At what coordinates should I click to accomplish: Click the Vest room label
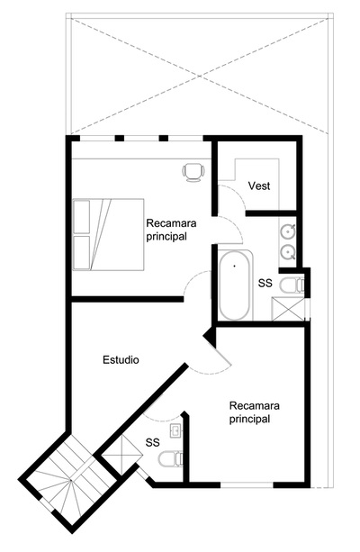point(259,186)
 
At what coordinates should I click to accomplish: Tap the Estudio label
point(121,360)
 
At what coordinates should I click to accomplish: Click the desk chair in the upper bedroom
point(193,173)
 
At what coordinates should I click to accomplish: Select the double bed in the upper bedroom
point(108,234)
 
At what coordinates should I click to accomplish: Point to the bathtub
point(235,285)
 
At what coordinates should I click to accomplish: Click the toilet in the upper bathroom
point(292,285)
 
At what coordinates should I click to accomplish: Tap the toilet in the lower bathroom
point(170,459)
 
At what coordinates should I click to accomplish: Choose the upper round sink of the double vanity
point(288,231)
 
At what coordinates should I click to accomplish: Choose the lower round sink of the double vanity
point(288,252)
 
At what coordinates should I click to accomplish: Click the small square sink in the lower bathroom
point(175,430)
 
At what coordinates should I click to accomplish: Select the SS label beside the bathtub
point(265,283)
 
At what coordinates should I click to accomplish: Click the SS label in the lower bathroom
point(152,442)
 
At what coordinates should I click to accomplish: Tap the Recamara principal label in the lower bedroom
point(254,412)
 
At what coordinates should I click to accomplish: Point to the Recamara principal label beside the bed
point(171,230)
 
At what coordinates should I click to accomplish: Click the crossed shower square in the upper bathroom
point(288,309)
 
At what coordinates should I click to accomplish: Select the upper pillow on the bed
point(81,216)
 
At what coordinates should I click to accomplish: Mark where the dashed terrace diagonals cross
point(199,76)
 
